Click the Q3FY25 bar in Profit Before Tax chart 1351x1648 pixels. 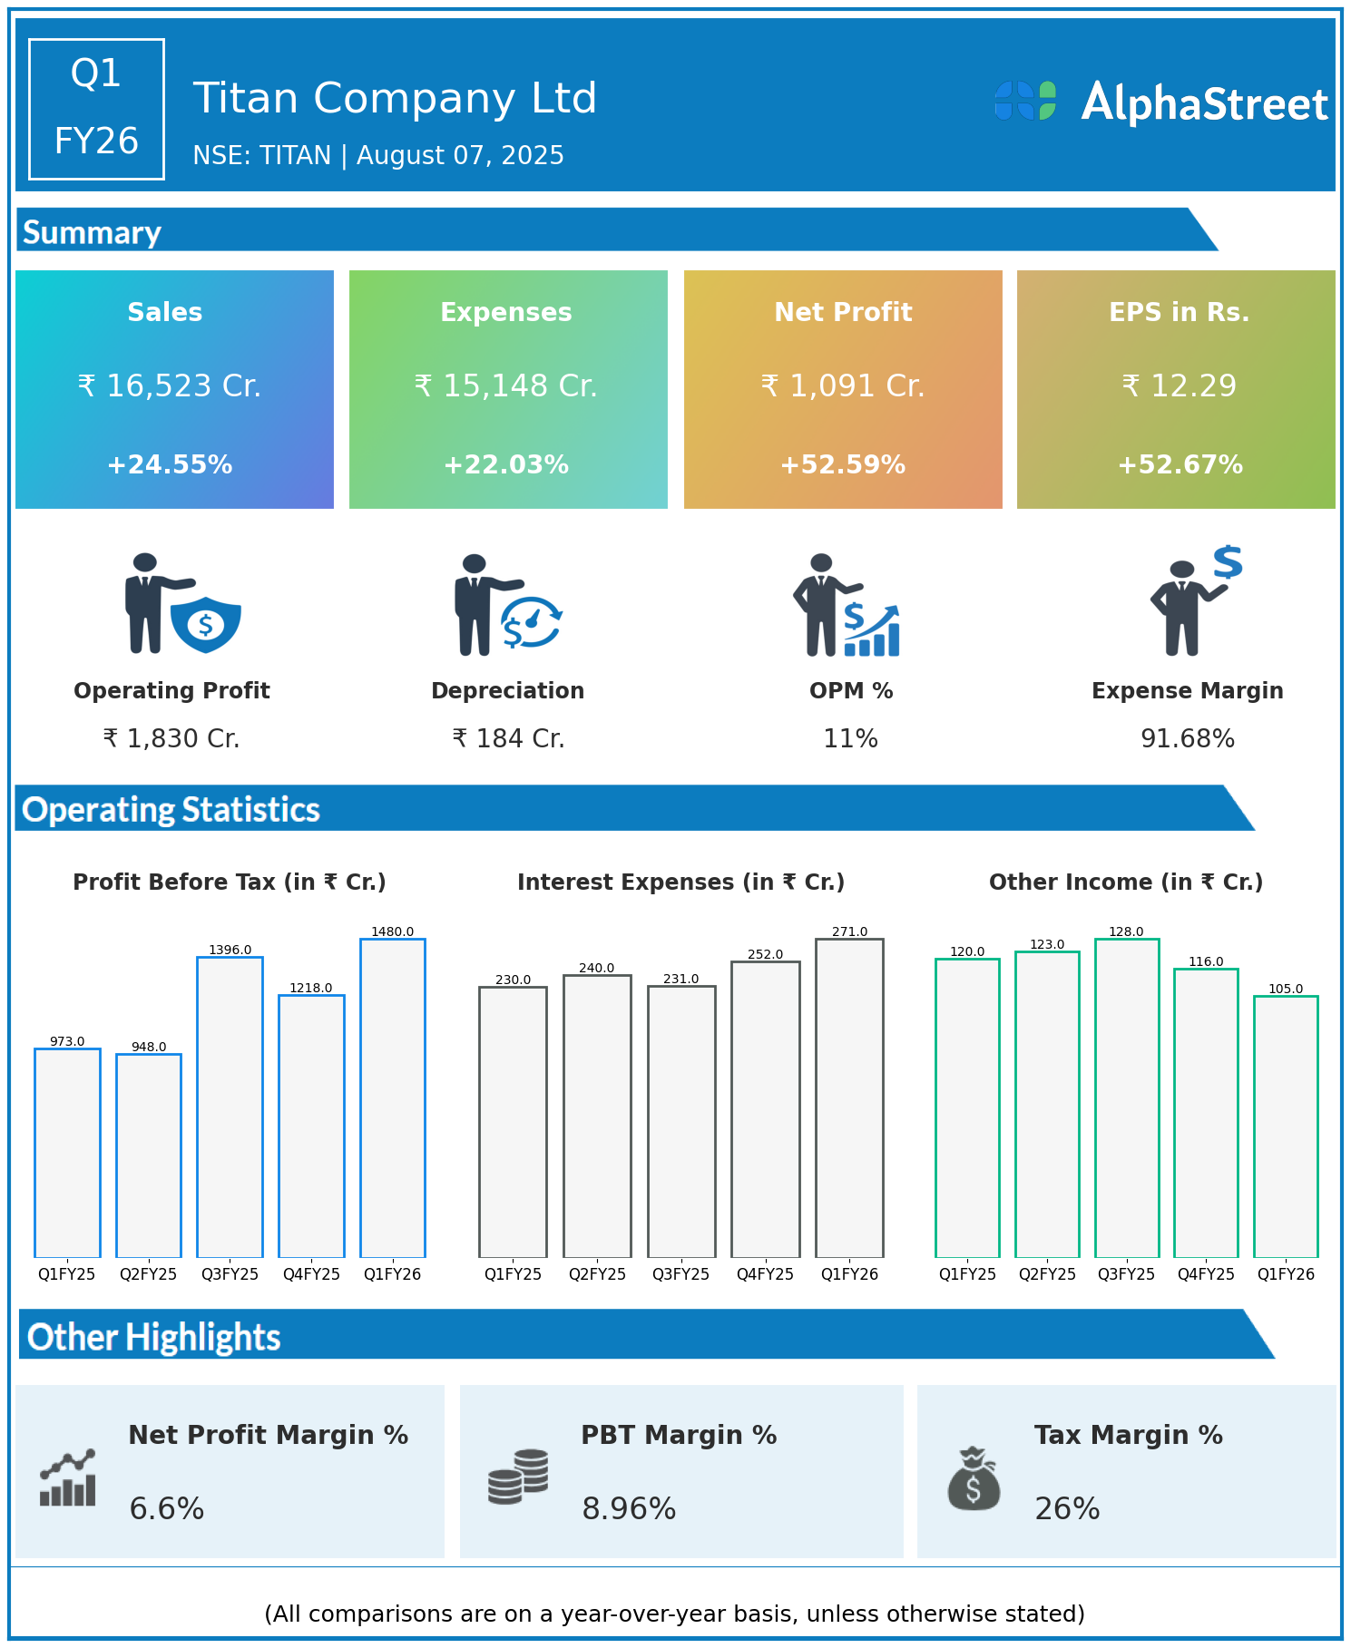(230, 1107)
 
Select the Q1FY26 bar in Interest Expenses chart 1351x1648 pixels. (849, 1097)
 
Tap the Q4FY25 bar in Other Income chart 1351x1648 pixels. (1206, 1113)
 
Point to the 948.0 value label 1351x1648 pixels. (149, 1047)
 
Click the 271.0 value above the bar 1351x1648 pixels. (849, 931)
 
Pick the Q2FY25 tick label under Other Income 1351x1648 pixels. (1047, 1274)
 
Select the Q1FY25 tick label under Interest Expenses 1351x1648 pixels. (513, 1274)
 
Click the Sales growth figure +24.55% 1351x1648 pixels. (170, 464)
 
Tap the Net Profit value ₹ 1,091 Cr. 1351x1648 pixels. (843, 386)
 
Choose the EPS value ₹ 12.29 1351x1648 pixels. (1179, 386)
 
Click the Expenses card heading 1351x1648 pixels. (506, 312)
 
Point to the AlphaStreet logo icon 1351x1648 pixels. (1025, 101)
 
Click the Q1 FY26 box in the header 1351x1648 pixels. (96, 109)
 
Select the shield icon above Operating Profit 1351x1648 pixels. (206, 624)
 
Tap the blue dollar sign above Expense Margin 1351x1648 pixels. (1228, 562)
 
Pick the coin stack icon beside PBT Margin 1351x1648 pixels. (518, 1477)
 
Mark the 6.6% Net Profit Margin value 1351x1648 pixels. (167, 1508)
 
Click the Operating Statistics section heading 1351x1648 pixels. (171, 809)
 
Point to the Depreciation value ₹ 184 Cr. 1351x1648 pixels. (508, 739)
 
